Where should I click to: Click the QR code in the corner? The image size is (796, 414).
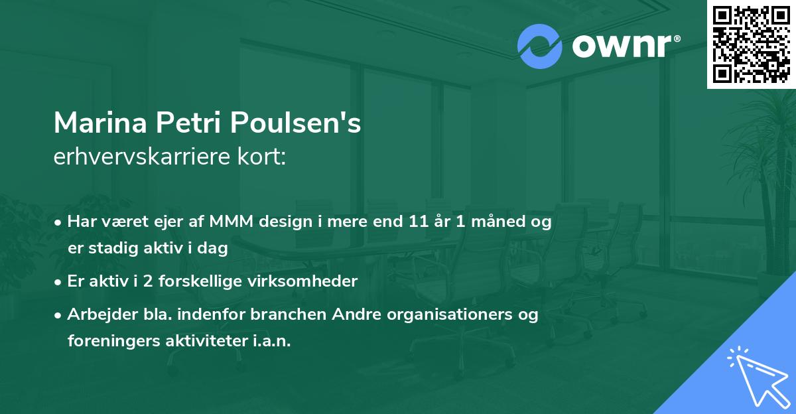point(751,44)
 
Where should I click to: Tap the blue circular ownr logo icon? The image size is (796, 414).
point(540,46)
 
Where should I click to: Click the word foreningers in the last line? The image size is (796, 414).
point(109,341)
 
